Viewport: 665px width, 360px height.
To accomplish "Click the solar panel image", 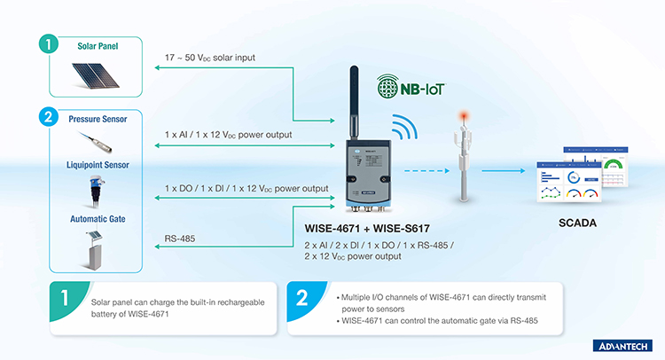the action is click(x=95, y=75).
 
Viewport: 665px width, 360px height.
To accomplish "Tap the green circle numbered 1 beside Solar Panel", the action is click(x=49, y=43).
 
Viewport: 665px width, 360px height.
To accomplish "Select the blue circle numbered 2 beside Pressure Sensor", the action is click(x=49, y=117).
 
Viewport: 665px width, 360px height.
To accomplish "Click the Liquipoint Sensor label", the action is click(x=98, y=165).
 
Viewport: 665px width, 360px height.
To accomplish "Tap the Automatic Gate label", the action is click(x=98, y=219).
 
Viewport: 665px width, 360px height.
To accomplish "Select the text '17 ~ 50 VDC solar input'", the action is click(x=210, y=58).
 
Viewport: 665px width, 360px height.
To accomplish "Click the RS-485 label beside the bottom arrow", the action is click(x=180, y=239).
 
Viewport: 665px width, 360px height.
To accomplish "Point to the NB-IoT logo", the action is click(x=411, y=87).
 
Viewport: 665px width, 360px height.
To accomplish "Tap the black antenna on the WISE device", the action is click(x=354, y=103).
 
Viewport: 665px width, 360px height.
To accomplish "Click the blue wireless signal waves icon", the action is click(x=404, y=127).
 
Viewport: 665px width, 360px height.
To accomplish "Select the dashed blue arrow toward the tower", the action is click(x=426, y=171).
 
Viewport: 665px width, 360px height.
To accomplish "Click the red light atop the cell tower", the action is click(x=465, y=115).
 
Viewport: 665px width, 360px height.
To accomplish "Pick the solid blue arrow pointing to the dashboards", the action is click(x=504, y=171).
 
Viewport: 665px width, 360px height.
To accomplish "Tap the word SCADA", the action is click(x=577, y=223).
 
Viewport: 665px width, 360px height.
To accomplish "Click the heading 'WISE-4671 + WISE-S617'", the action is click(x=367, y=229).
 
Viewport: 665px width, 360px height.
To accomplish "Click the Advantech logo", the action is click(x=622, y=346).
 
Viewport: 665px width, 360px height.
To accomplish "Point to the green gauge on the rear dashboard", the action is click(x=614, y=164).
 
